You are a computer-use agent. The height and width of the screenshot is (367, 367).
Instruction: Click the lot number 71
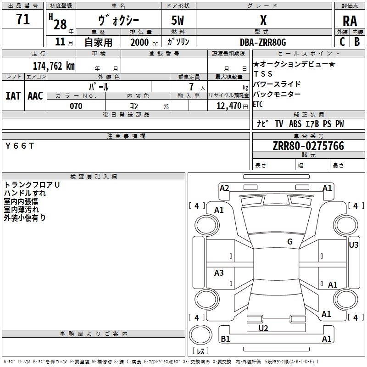coord(23,19)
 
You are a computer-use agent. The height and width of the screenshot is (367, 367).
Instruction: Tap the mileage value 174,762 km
coord(54,66)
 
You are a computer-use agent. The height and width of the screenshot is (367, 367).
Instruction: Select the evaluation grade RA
coord(350,21)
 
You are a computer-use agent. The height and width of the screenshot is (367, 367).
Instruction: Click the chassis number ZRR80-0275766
coord(308,146)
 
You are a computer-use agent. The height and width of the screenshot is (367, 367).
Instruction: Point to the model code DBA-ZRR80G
coord(263,42)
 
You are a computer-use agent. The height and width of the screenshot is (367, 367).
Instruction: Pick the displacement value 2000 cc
coord(144,42)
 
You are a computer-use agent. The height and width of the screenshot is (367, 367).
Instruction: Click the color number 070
coord(76,106)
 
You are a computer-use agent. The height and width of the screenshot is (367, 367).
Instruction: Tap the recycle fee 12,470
coord(229,106)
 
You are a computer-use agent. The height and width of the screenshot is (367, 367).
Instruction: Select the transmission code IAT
coord(13,96)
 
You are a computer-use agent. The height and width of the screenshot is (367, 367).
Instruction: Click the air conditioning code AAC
coord(35,96)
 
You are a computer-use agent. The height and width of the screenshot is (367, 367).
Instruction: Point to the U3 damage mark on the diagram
coord(353,245)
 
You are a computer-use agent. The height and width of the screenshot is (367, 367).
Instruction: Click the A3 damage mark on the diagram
coord(219,272)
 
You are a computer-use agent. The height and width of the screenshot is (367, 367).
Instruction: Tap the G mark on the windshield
coord(290,241)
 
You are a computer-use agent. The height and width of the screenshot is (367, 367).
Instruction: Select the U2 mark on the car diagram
coord(263,328)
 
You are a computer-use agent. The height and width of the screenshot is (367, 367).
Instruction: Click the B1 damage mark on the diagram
coord(225,339)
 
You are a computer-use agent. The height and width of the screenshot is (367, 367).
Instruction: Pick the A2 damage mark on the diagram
coord(224,188)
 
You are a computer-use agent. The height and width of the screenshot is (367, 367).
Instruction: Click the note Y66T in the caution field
coord(20,146)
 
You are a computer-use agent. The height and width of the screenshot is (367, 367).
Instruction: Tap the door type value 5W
coord(178,20)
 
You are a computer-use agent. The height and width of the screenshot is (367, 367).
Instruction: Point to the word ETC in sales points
coord(258,104)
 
